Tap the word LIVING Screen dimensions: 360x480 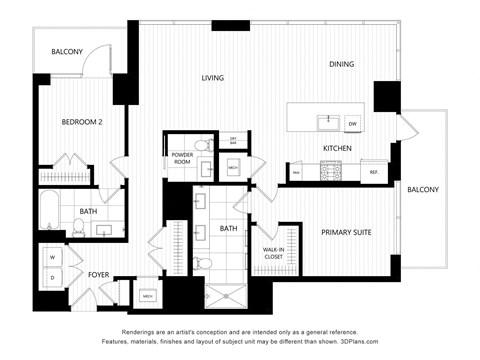[212, 78]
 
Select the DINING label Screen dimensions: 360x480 [343, 65]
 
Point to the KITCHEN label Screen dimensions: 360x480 [336, 149]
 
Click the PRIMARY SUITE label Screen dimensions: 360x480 [346, 232]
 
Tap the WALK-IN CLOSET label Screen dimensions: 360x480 [273, 254]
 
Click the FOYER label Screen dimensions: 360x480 [98, 274]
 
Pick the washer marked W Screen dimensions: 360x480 [51, 256]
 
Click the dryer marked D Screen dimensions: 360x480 [51, 277]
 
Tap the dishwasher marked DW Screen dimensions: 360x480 [352, 124]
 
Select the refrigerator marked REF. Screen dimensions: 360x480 [373, 172]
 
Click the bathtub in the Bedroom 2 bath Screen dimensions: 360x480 [51, 212]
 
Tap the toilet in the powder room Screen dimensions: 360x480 [202, 147]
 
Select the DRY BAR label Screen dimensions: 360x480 [232, 140]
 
